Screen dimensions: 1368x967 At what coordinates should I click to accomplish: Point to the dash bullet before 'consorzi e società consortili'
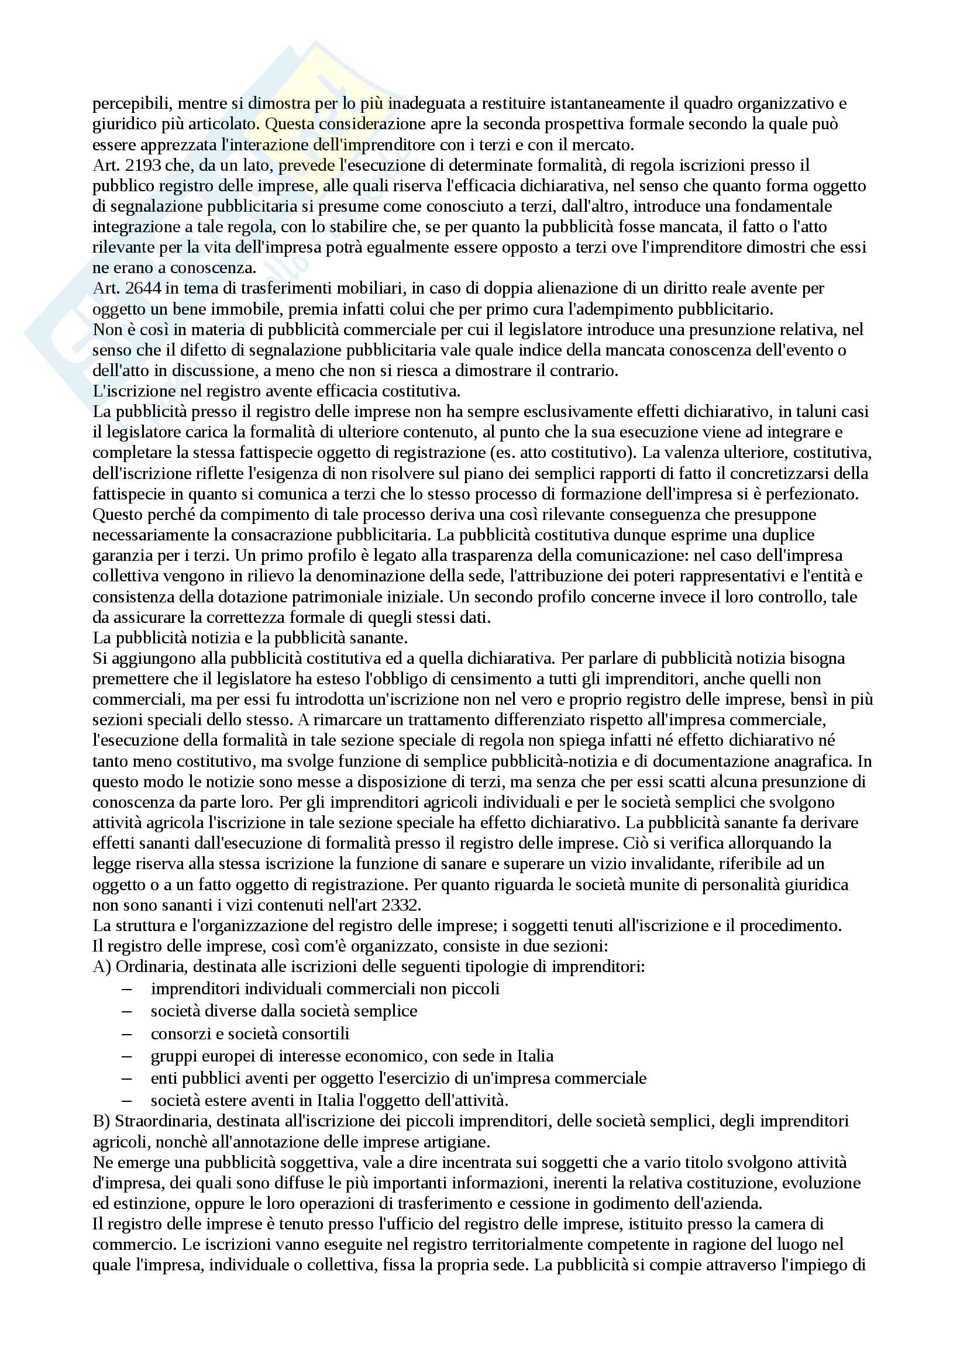(126, 1033)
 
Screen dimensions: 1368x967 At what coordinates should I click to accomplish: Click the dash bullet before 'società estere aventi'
(126, 1101)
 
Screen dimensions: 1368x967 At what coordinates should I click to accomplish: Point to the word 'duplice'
(787, 535)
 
